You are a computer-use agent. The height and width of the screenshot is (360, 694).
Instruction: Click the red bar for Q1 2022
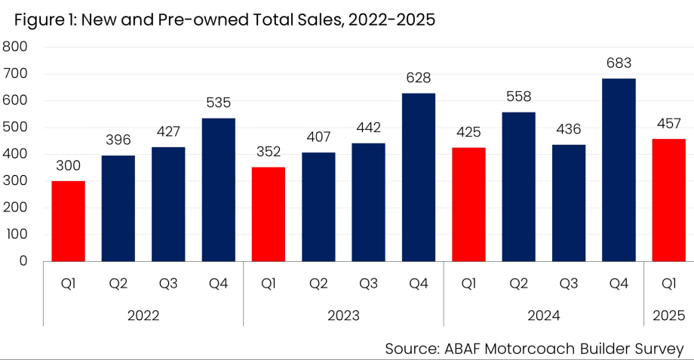(x=68, y=221)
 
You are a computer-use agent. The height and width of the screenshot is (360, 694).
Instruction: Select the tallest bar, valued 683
(x=619, y=170)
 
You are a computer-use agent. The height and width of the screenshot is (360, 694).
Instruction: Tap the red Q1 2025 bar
(x=668, y=200)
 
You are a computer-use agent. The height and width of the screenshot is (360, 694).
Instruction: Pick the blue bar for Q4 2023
(x=419, y=177)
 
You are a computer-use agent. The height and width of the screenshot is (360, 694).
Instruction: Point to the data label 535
(x=218, y=103)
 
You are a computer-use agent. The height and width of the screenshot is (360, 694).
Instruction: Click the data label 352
(x=268, y=152)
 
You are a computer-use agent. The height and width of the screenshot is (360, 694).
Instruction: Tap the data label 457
(x=668, y=124)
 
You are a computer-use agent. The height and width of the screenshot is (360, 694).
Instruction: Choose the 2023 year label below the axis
(x=343, y=315)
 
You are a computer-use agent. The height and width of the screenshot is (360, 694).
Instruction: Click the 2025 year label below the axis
(x=668, y=315)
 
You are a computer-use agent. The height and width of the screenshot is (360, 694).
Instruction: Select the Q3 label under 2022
(x=168, y=284)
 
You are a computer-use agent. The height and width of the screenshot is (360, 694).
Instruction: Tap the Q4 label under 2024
(x=619, y=284)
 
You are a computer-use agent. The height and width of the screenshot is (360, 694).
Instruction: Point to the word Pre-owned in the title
(x=195, y=20)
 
